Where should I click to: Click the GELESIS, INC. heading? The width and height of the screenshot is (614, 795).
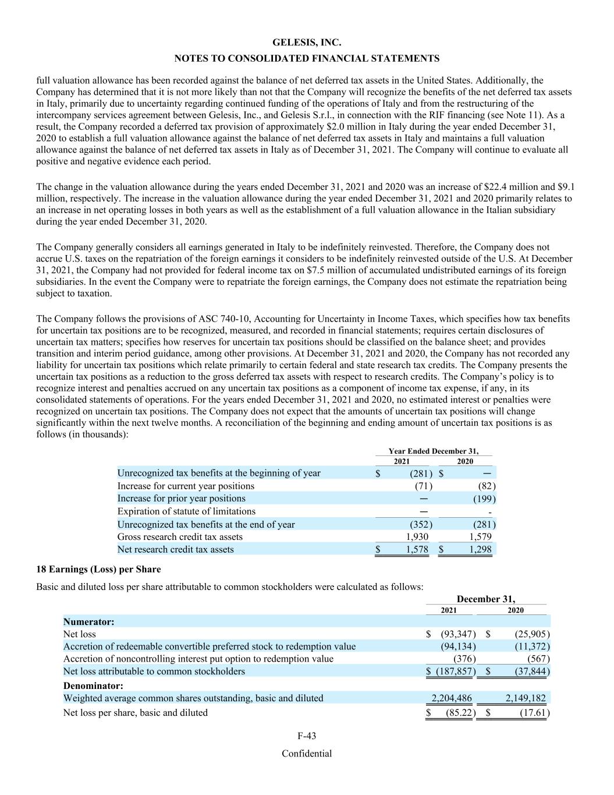coord(307,43)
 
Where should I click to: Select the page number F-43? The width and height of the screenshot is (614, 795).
coord(307,736)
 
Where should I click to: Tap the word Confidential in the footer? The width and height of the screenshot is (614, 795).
coord(307,754)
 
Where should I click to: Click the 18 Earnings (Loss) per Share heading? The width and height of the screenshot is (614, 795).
coord(98,569)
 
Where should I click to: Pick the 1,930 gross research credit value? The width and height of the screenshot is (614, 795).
coord(417,537)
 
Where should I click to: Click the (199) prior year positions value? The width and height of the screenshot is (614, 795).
coord(484,499)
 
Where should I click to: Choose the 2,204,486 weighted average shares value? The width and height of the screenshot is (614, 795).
coord(452,698)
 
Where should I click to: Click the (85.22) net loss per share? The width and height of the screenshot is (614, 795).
coord(461,713)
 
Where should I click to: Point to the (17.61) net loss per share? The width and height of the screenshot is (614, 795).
coord(534,713)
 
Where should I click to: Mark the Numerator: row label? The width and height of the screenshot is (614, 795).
coord(88,621)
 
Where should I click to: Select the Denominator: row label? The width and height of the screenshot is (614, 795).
coord(93,686)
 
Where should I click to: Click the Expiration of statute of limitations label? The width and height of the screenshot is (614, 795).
coord(186,511)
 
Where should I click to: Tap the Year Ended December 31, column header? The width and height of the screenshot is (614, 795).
coord(434,451)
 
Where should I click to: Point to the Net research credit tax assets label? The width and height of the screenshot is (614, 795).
coord(175,550)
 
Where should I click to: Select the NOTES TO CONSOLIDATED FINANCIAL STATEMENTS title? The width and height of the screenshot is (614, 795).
coord(307,59)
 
